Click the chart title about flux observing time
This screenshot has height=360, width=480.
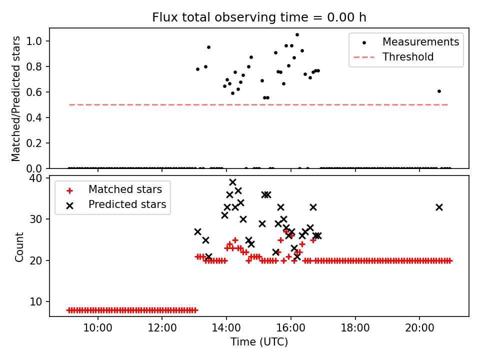point(259,17)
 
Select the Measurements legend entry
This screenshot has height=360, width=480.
point(420,42)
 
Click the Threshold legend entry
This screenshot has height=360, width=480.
point(407,57)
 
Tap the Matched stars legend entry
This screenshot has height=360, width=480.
point(125,189)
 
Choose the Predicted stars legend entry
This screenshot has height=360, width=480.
point(127,204)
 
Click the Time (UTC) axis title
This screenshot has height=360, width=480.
point(259,342)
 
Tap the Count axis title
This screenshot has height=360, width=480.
point(19,246)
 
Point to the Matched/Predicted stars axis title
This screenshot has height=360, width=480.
point(16,98)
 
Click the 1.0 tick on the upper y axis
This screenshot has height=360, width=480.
point(40,41)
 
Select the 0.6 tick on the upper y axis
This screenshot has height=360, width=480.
point(40,92)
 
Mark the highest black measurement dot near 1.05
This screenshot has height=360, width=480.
point(297,35)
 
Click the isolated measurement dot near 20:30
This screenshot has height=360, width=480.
point(439,91)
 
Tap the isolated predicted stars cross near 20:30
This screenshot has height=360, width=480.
point(439,207)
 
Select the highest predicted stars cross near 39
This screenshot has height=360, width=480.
point(232,182)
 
